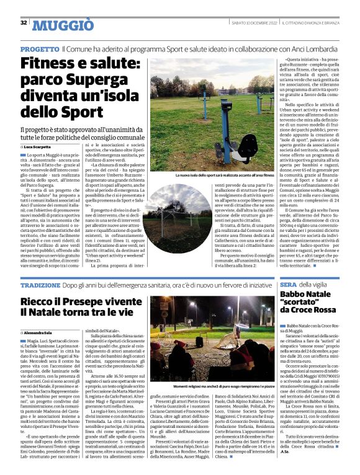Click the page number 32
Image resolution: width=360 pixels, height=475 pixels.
[x=24, y=23]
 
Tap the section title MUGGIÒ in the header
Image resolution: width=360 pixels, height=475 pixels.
[x=63, y=25]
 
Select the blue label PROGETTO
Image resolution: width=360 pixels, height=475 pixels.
[x=40, y=48]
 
